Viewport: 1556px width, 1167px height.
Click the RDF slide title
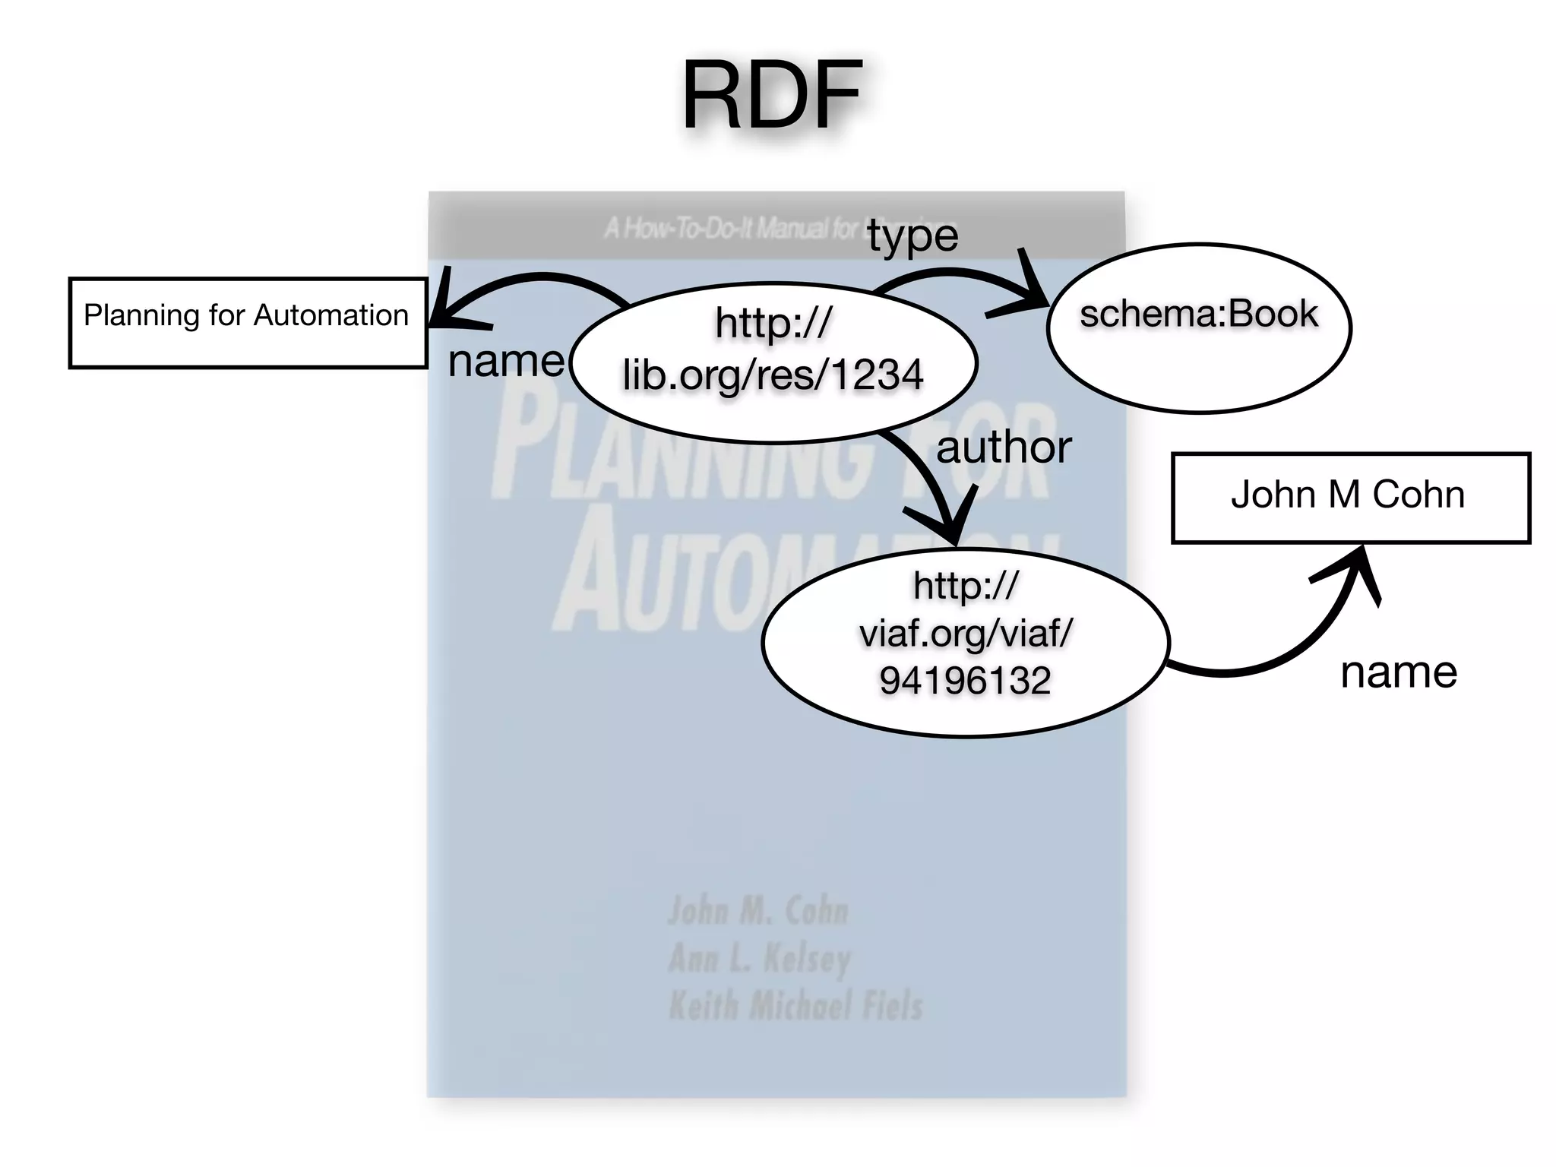771,96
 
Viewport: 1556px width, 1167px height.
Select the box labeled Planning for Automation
247,323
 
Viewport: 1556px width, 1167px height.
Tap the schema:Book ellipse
1198,328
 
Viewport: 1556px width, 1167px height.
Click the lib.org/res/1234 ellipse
773,362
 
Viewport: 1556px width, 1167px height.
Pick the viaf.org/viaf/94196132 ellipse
965,642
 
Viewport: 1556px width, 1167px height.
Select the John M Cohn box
1350,498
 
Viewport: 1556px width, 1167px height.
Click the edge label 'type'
912,236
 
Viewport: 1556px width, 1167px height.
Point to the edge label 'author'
1004,448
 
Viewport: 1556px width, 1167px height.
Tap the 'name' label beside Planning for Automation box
506,362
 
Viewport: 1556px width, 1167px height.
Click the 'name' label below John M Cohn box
1399,672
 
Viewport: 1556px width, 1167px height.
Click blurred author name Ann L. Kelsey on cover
760,958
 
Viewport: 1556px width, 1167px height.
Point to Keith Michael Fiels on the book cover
795,1006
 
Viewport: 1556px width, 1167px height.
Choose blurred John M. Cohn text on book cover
757,910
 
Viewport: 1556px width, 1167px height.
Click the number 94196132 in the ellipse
965,680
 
